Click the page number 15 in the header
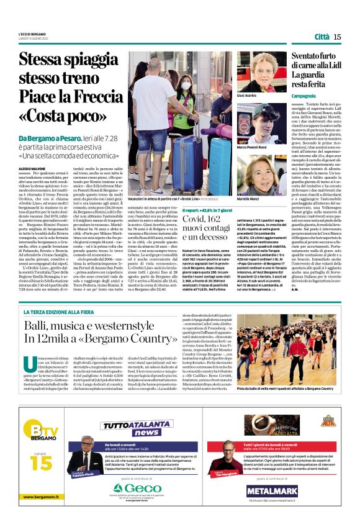(337, 37)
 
